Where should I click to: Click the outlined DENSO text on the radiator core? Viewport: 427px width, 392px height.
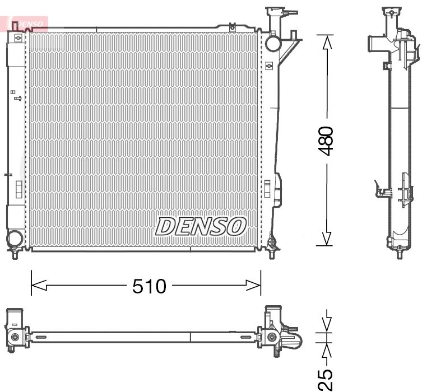(201, 226)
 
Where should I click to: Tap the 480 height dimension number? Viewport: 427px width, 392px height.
(326, 141)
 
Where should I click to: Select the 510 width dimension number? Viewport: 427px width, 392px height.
(149, 287)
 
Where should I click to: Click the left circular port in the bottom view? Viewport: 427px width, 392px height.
(15, 337)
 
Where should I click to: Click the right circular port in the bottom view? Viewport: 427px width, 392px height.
(272, 337)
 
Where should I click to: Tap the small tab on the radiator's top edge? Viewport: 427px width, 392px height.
(231, 26)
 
